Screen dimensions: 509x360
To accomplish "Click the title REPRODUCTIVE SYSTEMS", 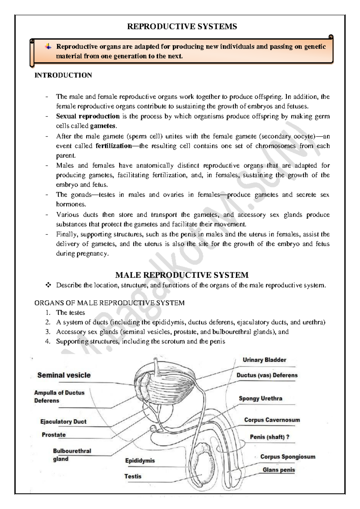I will point(182,27).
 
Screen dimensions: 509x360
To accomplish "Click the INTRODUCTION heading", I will point(63,75).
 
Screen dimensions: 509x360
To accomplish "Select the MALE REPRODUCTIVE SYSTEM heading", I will point(182,275).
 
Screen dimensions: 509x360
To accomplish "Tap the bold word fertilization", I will point(114,146).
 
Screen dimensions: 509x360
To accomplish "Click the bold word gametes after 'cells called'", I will point(103,126).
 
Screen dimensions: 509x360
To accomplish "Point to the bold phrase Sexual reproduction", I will point(88,116).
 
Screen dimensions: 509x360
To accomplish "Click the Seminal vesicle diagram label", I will point(64,375).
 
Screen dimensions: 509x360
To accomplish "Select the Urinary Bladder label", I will point(264,360).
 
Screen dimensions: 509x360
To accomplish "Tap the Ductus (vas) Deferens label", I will point(267,375).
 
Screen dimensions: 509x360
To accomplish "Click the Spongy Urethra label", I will point(260,399).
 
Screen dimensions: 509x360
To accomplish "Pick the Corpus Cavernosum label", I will point(272,420).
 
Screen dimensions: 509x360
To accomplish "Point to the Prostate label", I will point(54,435).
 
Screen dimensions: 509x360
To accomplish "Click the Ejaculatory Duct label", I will point(63,422).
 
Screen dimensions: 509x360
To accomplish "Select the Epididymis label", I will point(140,461).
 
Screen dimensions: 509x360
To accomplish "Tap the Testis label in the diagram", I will point(133,476).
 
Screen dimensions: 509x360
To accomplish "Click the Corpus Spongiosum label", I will point(287,457).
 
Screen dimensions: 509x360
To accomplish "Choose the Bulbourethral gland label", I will point(72,455).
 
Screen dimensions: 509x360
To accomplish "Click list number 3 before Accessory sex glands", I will point(48,332).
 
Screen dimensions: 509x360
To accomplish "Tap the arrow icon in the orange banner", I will point(48,47).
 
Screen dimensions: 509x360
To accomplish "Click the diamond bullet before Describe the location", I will point(48,285).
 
